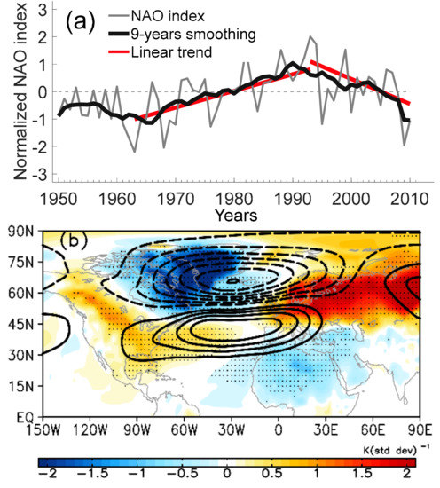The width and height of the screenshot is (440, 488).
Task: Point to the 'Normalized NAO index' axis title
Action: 12,92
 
